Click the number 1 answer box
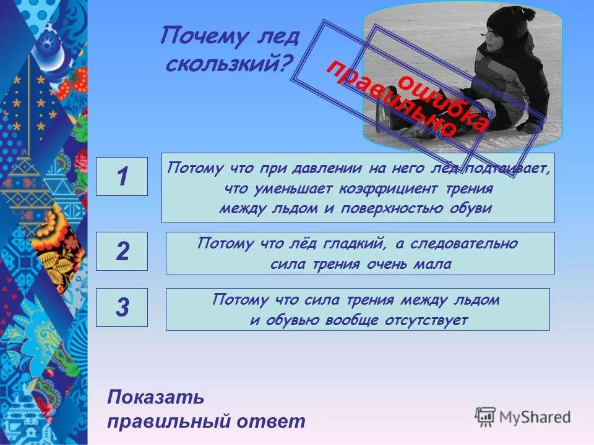click(x=122, y=177)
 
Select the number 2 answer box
click(x=122, y=252)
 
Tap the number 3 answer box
click(x=122, y=307)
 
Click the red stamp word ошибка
click(x=442, y=102)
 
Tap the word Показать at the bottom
click(x=155, y=397)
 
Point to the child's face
click(x=495, y=43)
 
